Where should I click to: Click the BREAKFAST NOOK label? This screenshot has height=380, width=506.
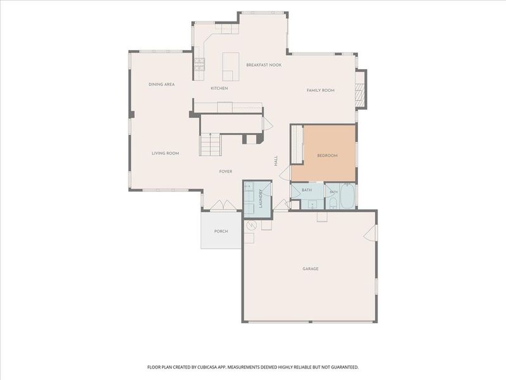point(264,65)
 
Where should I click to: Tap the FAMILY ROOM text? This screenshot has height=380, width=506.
point(321,91)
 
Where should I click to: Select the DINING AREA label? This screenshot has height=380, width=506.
point(162,84)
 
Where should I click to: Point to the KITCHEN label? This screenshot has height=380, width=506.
point(219,88)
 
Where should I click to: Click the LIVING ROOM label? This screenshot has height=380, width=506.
point(165,153)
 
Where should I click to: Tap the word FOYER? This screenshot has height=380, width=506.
point(226,172)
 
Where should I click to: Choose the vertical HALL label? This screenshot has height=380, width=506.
point(276,161)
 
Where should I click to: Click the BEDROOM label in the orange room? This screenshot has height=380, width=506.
point(327,155)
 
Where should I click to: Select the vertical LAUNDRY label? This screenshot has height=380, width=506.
point(261,198)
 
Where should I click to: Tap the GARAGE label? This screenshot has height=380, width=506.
point(311,269)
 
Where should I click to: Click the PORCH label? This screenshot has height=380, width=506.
point(221,231)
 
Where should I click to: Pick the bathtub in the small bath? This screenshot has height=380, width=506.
point(347,196)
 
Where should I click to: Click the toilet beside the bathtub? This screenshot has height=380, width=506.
point(333,203)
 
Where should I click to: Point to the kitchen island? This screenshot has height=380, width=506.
point(231,66)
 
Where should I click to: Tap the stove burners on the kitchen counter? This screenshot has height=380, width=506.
point(199,64)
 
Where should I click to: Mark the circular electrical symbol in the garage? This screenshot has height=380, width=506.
point(250,225)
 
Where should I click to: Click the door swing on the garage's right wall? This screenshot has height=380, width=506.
point(371,233)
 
